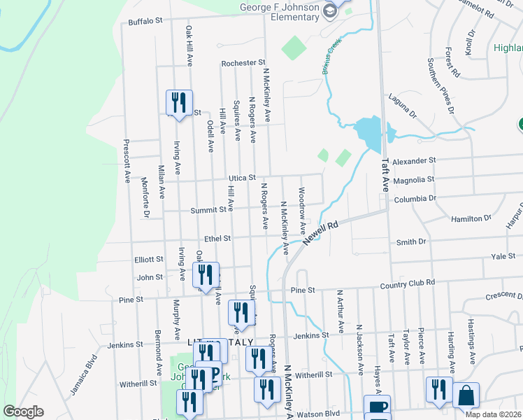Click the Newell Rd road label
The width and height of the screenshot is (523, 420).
(x=321, y=233)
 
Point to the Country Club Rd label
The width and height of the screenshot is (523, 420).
(x=408, y=283)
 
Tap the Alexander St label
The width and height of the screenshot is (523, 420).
(x=414, y=161)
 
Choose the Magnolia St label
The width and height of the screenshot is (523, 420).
(x=414, y=179)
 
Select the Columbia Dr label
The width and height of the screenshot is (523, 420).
(x=414, y=198)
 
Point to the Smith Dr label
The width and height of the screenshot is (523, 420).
(x=411, y=242)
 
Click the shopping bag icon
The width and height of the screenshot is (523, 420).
(x=466, y=395)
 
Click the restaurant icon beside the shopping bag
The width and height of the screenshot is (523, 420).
(x=438, y=391)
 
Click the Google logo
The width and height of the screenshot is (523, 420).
(x=23, y=412)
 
